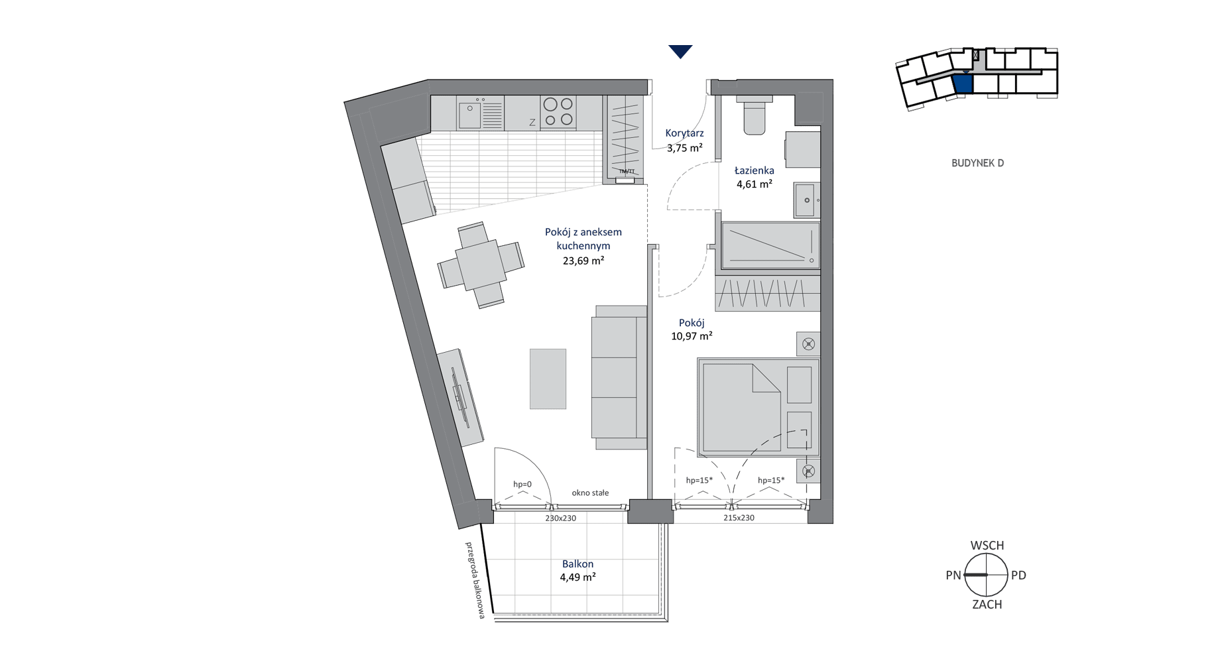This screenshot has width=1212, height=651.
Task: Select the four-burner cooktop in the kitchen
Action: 558,112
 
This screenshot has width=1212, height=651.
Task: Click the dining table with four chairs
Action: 481,265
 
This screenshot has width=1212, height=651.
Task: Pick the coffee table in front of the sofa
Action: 548,379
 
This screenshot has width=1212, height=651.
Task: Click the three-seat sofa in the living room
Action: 619,377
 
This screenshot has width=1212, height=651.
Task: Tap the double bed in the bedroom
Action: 758,407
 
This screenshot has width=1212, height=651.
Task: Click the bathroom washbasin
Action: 807,200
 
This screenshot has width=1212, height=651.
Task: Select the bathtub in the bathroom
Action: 770,245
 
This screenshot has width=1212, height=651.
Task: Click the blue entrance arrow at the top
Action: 680,51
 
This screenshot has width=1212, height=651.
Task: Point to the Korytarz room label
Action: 685,133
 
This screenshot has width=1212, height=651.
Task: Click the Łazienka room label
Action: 755,170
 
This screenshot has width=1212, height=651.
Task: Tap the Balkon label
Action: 577,563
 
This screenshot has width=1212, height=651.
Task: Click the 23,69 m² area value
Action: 583,261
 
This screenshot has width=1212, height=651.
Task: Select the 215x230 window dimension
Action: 739,518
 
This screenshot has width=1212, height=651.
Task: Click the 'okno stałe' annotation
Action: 590,493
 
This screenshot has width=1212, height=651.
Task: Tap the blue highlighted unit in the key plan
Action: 963,84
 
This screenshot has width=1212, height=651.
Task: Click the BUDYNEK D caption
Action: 977,163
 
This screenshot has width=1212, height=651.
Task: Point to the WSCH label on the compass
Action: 987,546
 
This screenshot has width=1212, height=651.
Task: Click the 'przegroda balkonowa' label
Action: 475,581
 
